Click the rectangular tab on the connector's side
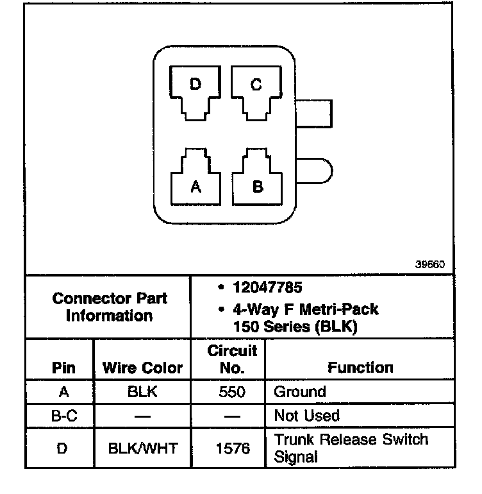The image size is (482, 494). [317, 114]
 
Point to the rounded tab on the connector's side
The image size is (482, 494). [319, 171]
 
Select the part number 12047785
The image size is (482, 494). [267, 288]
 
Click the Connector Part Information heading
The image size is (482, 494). [110, 307]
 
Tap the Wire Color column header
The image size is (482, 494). [142, 368]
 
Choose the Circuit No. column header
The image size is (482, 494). [233, 359]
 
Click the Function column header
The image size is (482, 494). [360, 368]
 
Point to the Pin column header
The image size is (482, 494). [63, 368]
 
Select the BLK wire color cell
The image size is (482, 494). [142, 392]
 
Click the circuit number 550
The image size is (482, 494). [233, 392]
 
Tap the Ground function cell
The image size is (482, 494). [300, 392]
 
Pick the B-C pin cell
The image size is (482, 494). [63, 416]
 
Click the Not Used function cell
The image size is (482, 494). [306, 416]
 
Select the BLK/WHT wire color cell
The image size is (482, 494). [142, 448]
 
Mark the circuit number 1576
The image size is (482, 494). [233, 448]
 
